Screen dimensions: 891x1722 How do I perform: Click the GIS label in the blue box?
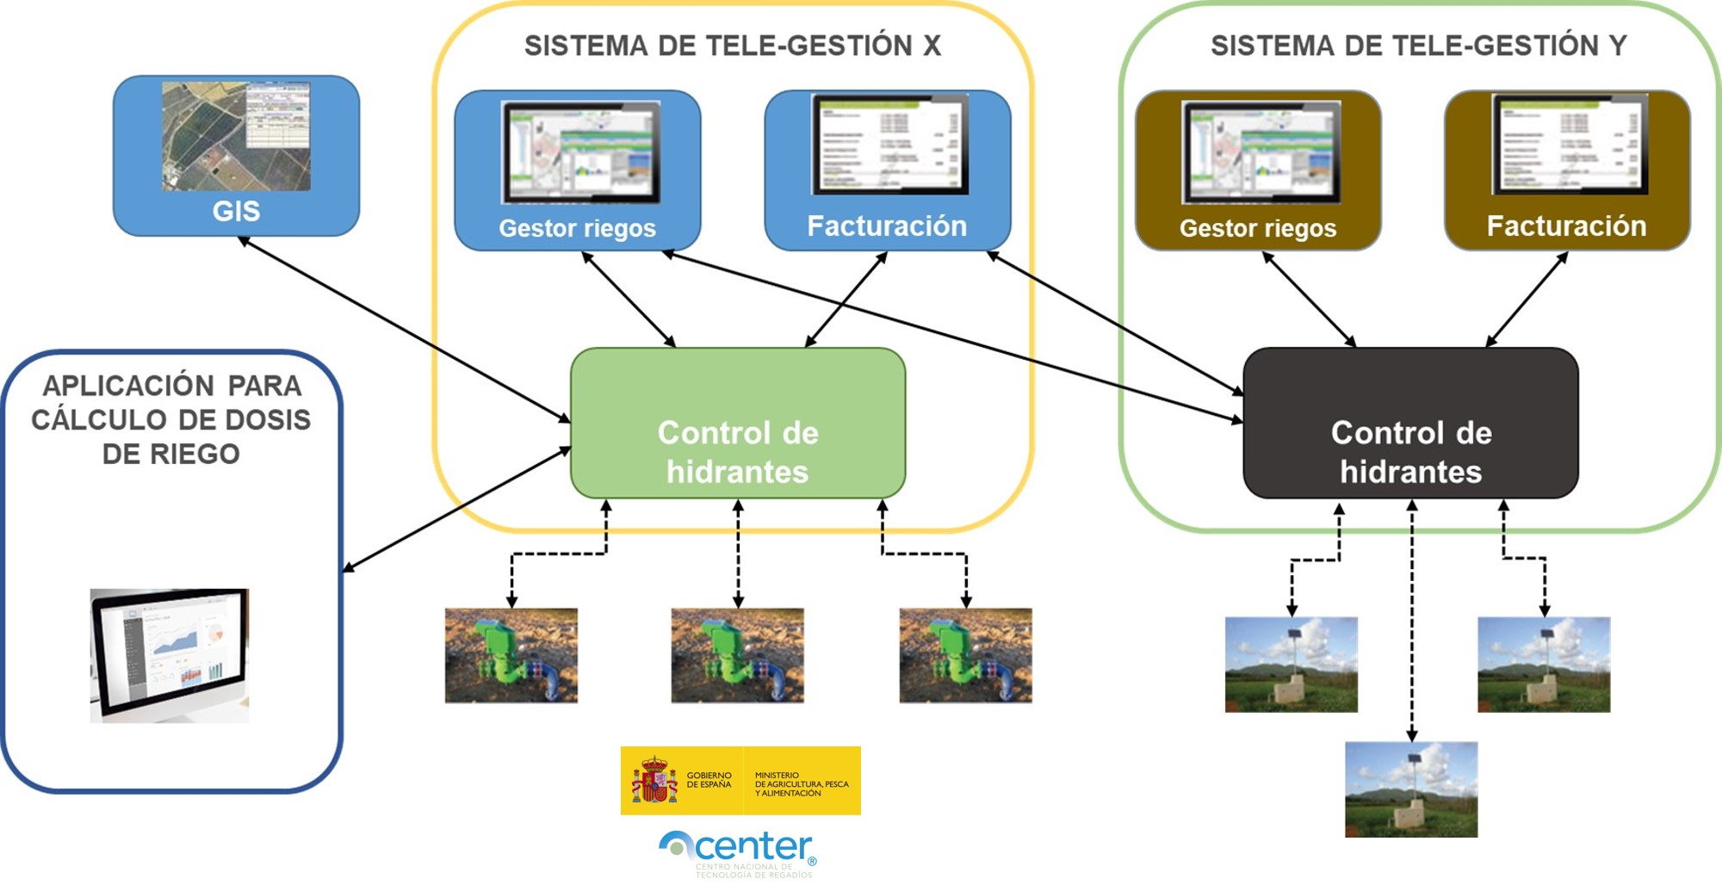236,211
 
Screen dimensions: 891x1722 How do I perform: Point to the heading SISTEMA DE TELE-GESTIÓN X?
732,46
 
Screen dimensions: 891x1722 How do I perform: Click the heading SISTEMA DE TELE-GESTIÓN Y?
1418,46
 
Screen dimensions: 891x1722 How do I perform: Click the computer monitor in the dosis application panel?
170,654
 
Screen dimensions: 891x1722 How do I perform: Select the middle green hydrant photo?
737,656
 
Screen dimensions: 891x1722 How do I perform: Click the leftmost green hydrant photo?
511,656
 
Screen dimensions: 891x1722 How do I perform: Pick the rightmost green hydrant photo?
965,656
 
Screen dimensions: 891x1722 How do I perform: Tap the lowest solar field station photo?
1410,789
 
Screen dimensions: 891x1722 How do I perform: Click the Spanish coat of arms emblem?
654,780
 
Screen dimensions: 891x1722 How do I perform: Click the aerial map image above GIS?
236,136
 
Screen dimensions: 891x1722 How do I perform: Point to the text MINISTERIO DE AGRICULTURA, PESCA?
801,784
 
